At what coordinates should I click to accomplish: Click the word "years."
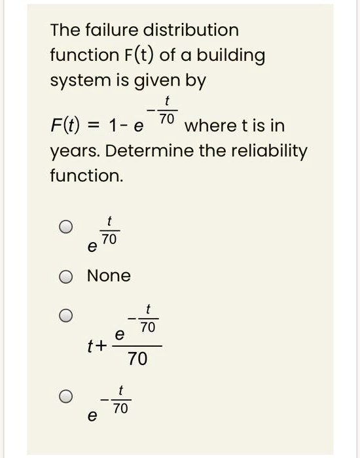click(73, 152)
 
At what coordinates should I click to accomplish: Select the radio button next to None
click(66, 277)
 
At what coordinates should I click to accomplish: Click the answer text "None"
click(109, 276)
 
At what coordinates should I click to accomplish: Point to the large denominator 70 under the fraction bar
click(137, 359)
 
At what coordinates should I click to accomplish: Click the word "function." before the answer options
click(81, 176)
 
